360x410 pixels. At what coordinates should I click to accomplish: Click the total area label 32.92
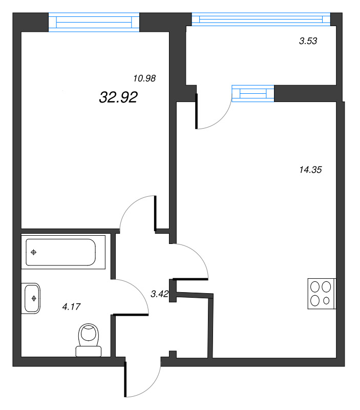pyautogui.click(x=118, y=97)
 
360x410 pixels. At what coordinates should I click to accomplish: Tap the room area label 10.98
pyautogui.click(x=144, y=78)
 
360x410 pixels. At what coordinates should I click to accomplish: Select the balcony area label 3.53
pyautogui.click(x=308, y=42)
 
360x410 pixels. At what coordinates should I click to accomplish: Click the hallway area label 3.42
pyautogui.click(x=159, y=294)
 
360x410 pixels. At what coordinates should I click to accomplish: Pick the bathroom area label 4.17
pyautogui.click(x=72, y=306)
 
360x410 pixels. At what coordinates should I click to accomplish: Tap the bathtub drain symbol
pyautogui.click(x=34, y=252)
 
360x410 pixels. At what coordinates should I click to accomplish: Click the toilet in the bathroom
pyautogui.click(x=89, y=340)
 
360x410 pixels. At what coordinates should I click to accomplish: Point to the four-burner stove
pyautogui.click(x=322, y=294)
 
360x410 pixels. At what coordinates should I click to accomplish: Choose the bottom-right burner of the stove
pyautogui.click(x=327, y=301)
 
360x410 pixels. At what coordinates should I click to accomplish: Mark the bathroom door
pyautogui.click(x=132, y=296)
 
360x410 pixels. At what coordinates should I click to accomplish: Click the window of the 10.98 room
pyautogui.click(x=94, y=22)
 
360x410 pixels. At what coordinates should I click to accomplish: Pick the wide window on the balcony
pyautogui.click(x=261, y=19)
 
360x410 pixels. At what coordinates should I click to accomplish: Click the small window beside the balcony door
pyautogui.click(x=253, y=94)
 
